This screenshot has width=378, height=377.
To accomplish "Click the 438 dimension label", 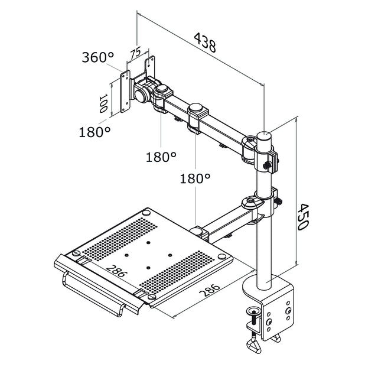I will [204, 43].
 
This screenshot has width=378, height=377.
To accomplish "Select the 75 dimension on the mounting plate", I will [135, 53].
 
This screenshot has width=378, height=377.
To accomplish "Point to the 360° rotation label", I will [97, 57].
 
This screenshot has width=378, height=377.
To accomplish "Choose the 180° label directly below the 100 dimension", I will [94, 131].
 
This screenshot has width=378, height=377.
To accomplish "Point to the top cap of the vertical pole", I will [265, 135].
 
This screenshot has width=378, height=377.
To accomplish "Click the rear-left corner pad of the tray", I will [146, 212].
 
